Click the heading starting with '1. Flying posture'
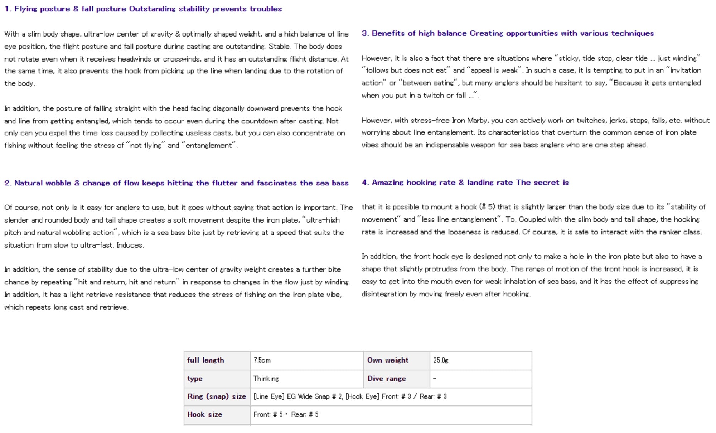click(x=143, y=9)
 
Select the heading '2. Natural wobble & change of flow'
click(x=176, y=183)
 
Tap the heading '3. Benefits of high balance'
click(x=508, y=33)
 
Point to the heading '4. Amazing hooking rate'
click(x=465, y=183)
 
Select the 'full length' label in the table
click(x=205, y=360)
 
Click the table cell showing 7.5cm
click(x=262, y=360)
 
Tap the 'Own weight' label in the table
click(x=387, y=360)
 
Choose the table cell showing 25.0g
click(x=441, y=360)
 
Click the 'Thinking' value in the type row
click(x=266, y=379)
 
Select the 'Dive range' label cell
click(x=387, y=379)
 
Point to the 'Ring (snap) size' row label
click(x=217, y=396)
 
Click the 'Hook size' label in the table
click(x=204, y=414)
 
